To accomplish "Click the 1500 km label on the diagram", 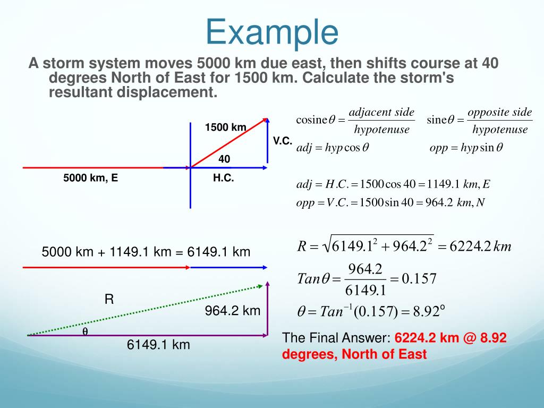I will point(226,127).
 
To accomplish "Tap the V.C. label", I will point(283,141).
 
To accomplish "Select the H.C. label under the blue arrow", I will point(224,178).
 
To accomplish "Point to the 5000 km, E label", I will point(90,178).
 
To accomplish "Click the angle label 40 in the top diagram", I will point(224,159).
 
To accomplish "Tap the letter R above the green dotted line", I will point(109,299).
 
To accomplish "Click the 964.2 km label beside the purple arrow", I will point(233,311).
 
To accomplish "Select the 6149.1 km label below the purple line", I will point(158,345).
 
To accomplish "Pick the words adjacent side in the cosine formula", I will point(381,113).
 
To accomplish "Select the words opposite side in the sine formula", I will point(499,113).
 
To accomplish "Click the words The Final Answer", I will point(336,338).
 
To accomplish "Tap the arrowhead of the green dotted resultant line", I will point(260,286).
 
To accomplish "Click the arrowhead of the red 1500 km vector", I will point(263,121).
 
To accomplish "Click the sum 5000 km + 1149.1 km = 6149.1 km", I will point(146,252).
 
